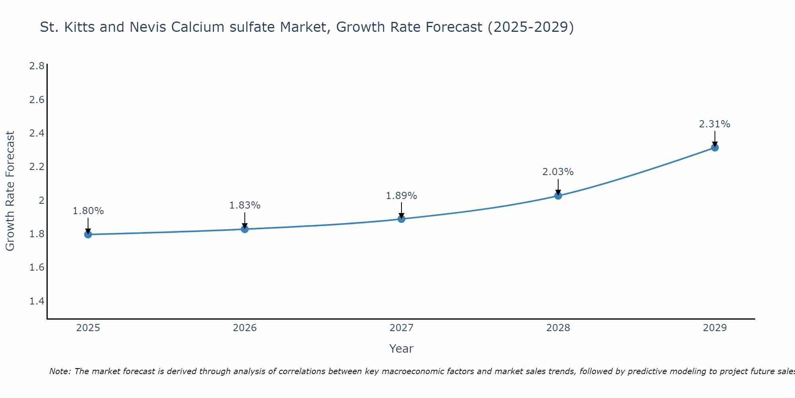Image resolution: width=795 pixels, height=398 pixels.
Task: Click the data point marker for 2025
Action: coord(88,234)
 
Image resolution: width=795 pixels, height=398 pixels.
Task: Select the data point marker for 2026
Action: coord(245,229)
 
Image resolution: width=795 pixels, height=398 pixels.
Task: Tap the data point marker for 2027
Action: coord(401,219)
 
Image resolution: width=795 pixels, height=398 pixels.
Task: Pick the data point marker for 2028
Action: coord(558,195)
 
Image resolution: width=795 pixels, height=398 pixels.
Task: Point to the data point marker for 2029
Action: coord(715,148)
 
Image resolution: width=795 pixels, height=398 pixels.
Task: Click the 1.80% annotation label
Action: coord(88,211)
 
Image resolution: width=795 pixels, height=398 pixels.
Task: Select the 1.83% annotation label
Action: coord(245,205)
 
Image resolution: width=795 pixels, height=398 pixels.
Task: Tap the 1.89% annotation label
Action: coord(401,196)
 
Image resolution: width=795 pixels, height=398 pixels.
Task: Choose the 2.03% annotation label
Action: coord(558,172)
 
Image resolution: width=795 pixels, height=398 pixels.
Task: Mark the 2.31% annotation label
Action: coord(715,124)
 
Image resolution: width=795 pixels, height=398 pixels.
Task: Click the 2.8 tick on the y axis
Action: coord(37,66)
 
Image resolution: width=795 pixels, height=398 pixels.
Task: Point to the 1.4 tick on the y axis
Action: coord(37,301)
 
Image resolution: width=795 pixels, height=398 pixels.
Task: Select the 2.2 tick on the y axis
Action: coord(37,166)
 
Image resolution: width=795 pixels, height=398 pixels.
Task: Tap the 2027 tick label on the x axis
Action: coord(401,328)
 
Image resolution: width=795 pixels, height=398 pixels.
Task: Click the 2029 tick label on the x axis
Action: coord(715,328)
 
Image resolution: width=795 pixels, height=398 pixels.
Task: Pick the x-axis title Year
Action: coord(401,349)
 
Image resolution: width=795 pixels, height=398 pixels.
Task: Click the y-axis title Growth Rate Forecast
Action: coord(10,191)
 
